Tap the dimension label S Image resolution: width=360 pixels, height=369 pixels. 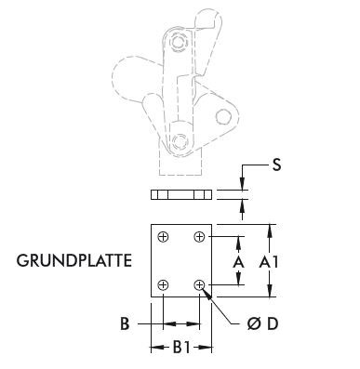click(x=275, y=166)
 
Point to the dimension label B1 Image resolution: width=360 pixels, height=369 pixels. click(x=181, y=348)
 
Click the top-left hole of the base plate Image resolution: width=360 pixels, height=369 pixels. click(x=164, y=238)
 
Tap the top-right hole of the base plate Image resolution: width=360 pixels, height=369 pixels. click(x=199, y=238)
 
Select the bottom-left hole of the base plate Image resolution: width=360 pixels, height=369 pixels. click(x=164, y=284)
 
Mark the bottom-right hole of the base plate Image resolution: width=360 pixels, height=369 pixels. click(x=199, y=284)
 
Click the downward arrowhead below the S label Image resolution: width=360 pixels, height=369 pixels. click(x=246, y=187)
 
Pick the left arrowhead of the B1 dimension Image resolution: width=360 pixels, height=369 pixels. click(x=154, y=348)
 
